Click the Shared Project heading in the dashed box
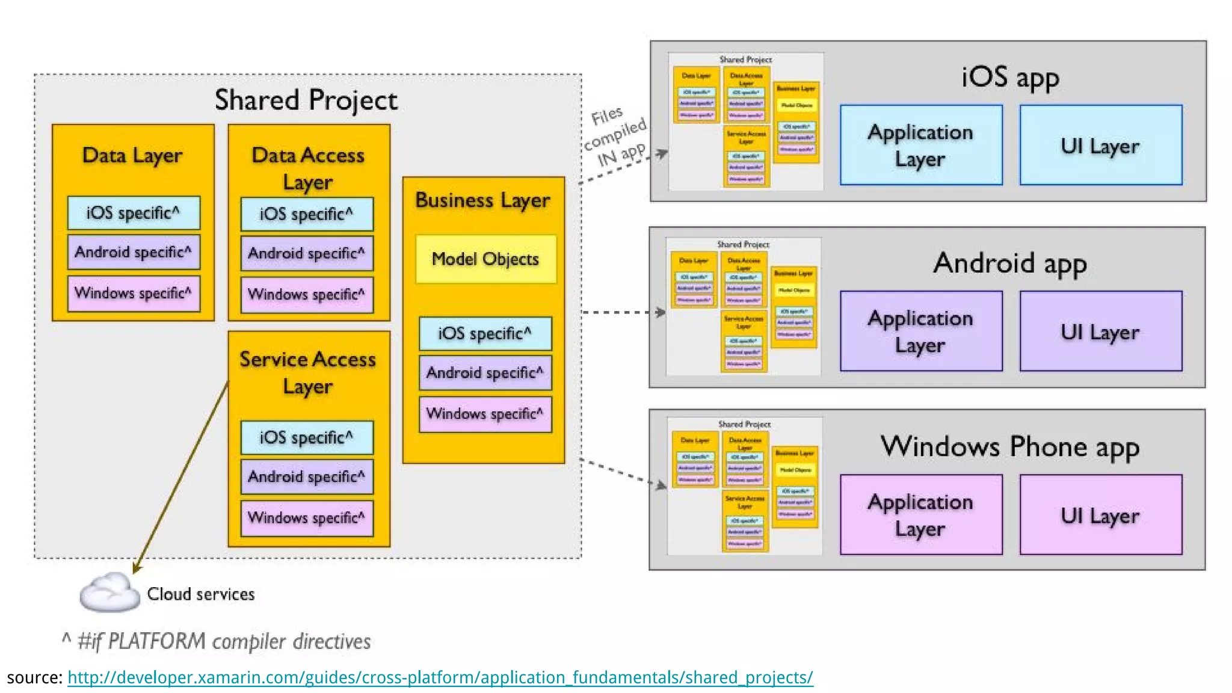306,100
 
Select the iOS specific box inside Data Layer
134,213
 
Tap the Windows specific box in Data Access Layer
307,295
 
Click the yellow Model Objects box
485,259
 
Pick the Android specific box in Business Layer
485,373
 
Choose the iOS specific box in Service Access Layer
307,437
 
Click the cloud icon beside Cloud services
108,593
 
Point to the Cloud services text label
201,594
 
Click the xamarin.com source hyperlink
440,677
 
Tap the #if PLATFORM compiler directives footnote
217,641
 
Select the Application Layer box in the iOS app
920,145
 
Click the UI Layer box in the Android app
1100,331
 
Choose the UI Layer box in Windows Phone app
1100,515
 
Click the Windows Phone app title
1009,447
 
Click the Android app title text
1009,263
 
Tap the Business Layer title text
482,200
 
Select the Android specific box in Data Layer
134,252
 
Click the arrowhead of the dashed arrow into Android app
661,312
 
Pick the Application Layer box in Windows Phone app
920,515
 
